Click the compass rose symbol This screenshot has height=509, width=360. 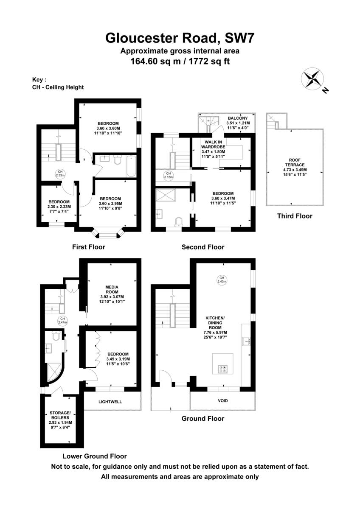click(x=312, y=78)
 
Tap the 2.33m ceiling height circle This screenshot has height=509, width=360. click(x=60, y=173)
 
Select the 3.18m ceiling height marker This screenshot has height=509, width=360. click(x=168, y=176)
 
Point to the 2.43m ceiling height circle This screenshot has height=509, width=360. click(x=222, y=280)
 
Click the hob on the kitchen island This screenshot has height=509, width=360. click(x=222, y=369)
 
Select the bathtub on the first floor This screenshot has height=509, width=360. click(x=131, y=166)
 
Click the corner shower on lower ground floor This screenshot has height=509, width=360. click(x=55, y=372)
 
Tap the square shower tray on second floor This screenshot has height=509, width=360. click(x=166, y=195)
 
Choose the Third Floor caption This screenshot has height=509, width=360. click(x=295, y=216)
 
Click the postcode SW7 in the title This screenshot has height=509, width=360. click(x=239, y=38)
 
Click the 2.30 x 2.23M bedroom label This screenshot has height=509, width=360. click(x=59, y=206)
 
